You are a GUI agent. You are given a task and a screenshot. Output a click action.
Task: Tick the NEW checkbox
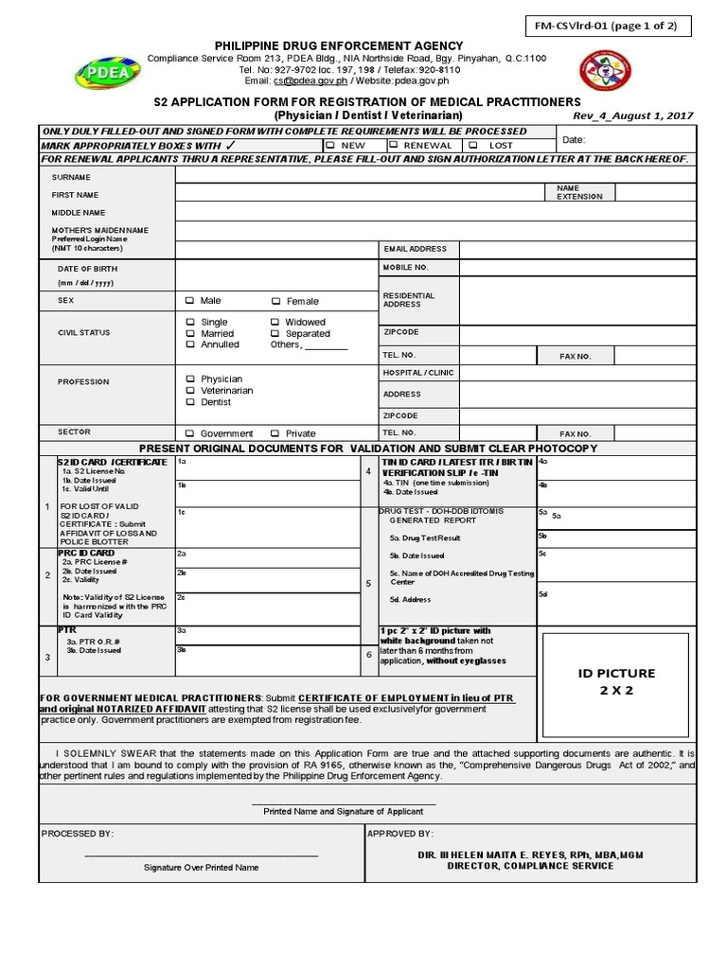(329, 146)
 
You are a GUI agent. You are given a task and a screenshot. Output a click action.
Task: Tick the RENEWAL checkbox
(393, 146)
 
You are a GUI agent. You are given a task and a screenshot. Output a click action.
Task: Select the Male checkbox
(190, 301)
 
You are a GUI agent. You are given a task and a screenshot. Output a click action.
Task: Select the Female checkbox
(276, 301)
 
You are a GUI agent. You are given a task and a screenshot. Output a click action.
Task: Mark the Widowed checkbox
(276, 322)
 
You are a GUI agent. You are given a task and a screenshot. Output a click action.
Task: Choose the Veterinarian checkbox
(190, 390)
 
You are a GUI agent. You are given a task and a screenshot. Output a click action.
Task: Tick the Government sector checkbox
(190, 433)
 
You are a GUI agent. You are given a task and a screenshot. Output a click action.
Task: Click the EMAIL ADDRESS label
(415, 249)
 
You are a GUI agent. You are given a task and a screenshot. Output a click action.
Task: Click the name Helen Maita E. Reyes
(542, 854)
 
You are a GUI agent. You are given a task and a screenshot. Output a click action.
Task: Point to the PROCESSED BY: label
(78, 834)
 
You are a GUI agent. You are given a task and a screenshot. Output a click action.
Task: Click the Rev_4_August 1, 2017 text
(633, 115)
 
